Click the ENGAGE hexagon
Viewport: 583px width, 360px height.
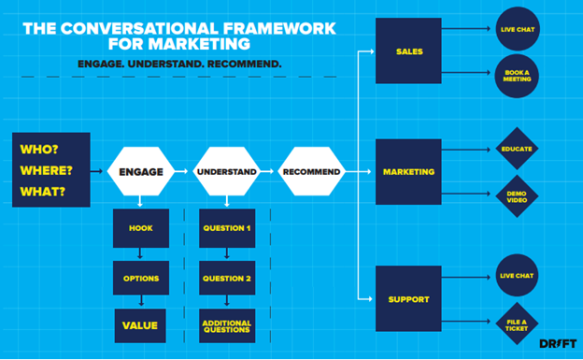coord(142,172)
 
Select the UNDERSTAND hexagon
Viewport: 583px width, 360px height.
coord(226,172)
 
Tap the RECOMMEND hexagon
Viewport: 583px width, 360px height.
coord(311,172)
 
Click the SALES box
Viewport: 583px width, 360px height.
coord(408,50)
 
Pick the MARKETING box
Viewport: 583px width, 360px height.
coord(408,172)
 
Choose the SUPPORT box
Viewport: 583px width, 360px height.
coord(408,298)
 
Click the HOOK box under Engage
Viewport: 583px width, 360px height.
coord(140,227)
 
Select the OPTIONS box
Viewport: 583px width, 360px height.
coord(140,278)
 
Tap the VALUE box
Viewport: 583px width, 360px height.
coord(140,325)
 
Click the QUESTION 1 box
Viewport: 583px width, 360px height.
coord(226,227)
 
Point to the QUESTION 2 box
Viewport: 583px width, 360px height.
coord(226,278)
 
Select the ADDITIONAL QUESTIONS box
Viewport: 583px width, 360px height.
coord(226,325)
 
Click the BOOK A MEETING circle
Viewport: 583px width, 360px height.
coord(517,76)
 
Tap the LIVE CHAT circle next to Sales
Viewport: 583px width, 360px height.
coord(517,29)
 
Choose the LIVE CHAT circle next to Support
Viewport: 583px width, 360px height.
coord(517,275)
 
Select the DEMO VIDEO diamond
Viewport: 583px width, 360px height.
coord(517,196)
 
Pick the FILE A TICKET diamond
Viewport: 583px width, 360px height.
coord(517,323)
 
